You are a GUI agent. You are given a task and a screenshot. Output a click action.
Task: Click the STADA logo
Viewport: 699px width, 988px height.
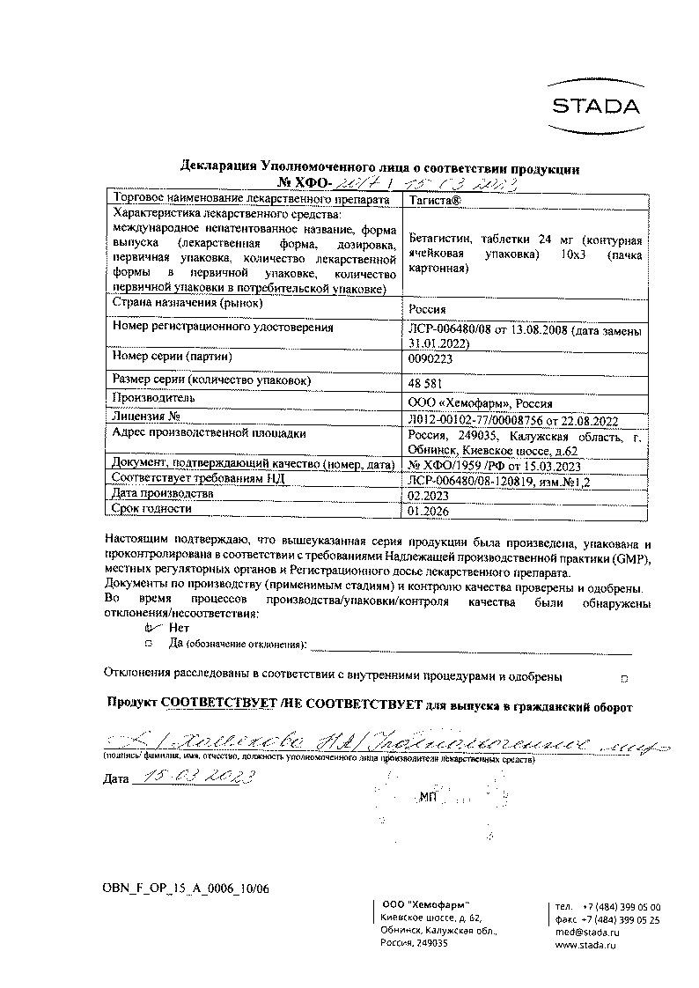[x=596, y=107]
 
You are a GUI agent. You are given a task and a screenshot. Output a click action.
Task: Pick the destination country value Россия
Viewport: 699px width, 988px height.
[x=428, y=309]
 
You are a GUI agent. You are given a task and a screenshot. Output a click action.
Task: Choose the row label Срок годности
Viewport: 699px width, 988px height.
[x=152, y=509]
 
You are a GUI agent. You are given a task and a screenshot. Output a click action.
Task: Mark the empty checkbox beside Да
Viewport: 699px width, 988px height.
[x=149, y=645]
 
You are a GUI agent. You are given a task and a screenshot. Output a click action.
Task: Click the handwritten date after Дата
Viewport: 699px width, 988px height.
[x=194, y=776]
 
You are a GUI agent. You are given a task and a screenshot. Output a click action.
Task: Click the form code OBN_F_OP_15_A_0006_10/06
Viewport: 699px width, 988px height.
[x=187, y=888]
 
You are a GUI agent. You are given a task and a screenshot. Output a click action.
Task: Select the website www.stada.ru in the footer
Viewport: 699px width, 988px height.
[x=585, y=944]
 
